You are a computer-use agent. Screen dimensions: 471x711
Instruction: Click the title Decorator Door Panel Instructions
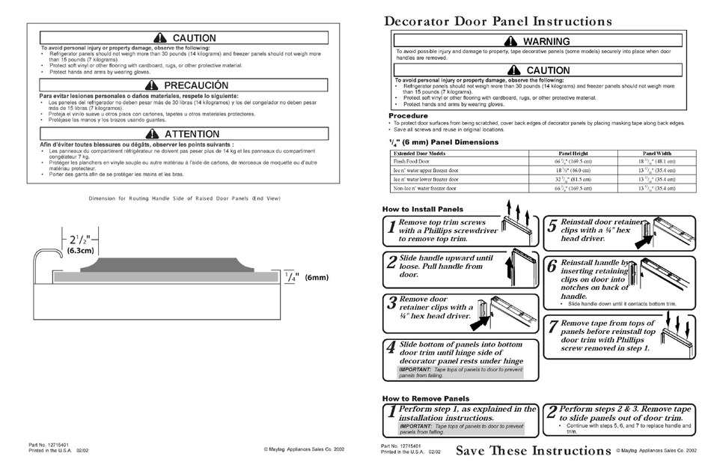498,22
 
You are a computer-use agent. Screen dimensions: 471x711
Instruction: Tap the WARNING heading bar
539,41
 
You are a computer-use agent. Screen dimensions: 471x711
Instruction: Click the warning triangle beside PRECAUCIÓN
153,85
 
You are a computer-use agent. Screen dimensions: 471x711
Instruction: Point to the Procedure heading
408,115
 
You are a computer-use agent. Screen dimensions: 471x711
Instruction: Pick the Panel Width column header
656,152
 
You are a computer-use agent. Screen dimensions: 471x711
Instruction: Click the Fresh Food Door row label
412,161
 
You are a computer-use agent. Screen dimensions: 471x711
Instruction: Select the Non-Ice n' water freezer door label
427,189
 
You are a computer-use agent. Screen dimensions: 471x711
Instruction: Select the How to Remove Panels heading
425,398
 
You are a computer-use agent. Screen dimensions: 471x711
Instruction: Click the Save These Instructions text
533,450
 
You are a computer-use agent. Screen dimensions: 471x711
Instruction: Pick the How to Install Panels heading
422,209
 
